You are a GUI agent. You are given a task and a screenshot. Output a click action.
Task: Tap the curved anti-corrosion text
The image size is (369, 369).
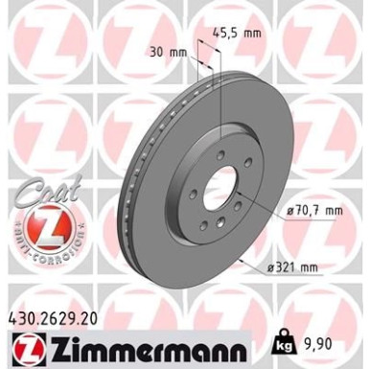39,260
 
